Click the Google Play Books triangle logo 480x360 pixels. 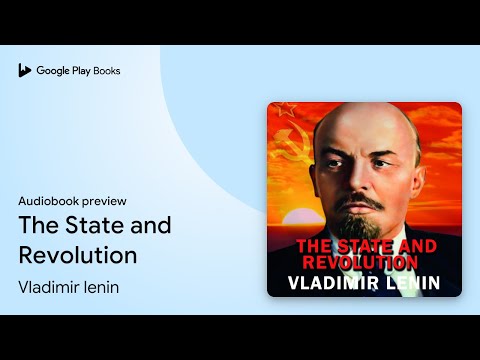pos(24,70)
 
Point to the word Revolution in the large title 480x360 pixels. pos(78,254)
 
